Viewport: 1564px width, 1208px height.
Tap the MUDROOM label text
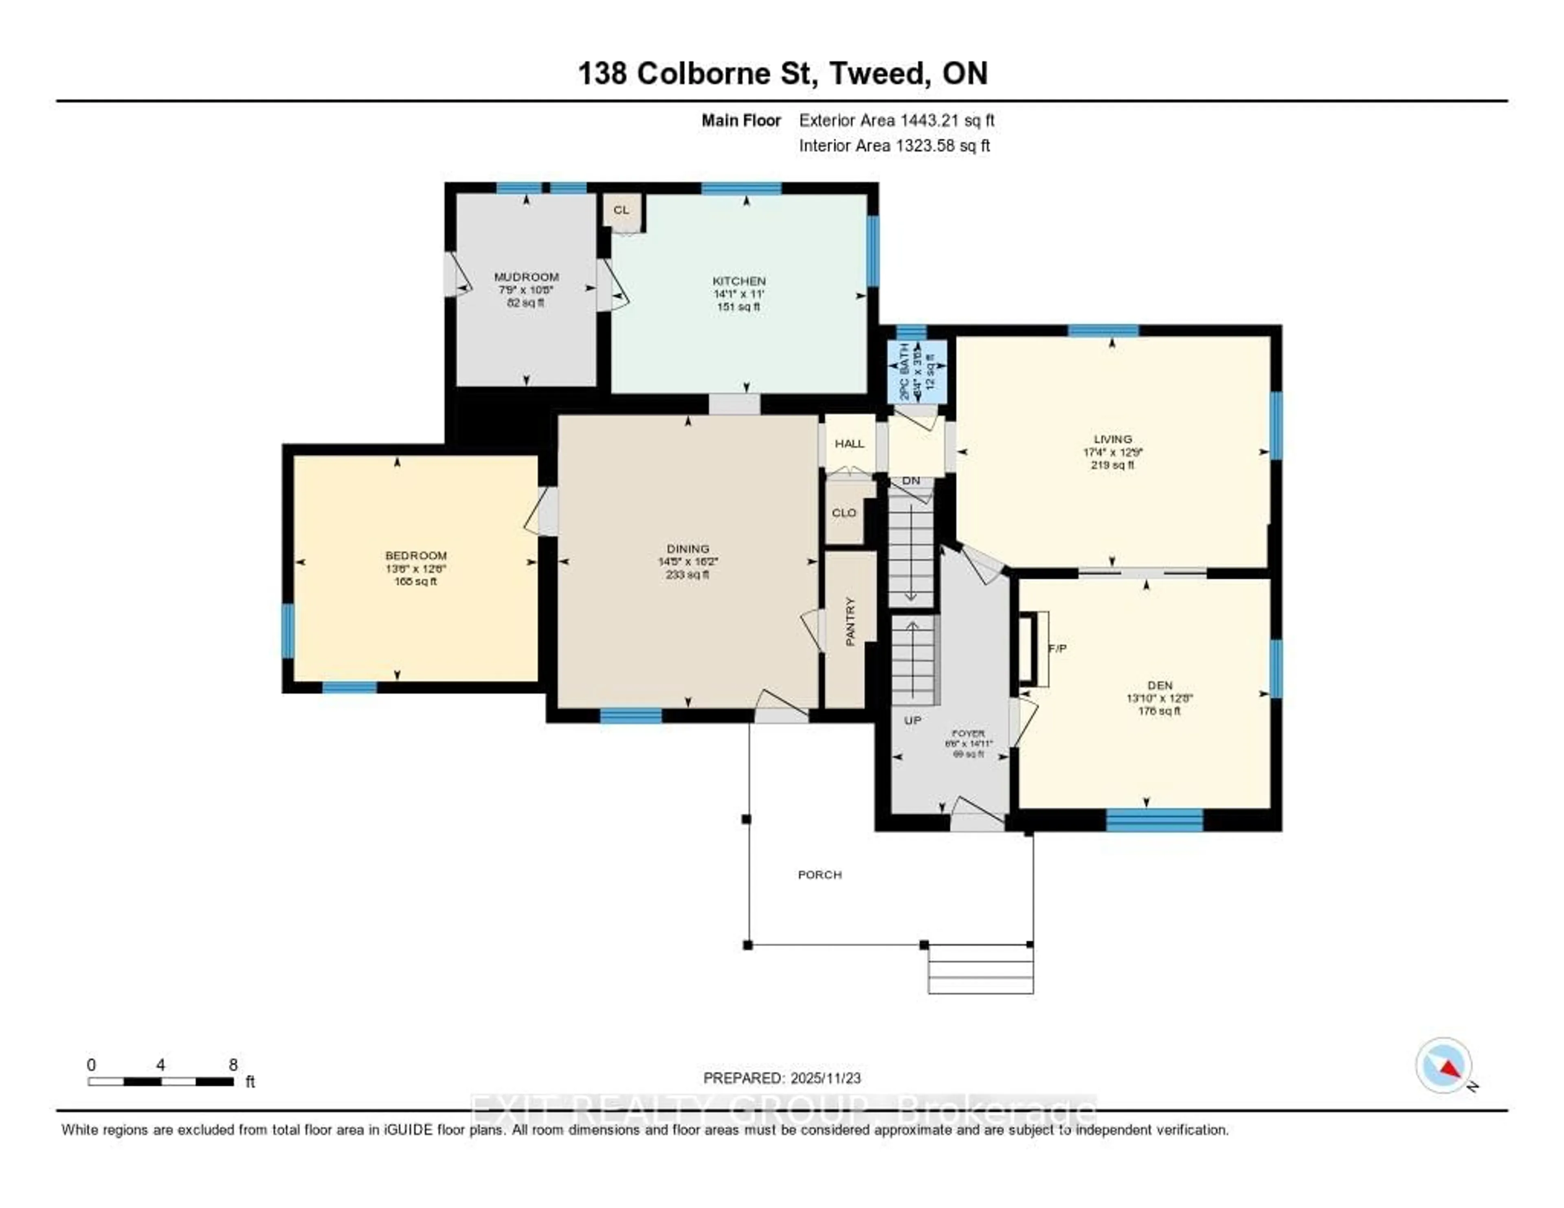pos(526,277)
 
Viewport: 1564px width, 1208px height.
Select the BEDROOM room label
pos(416,556)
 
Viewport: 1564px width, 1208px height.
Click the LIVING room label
pos(1113,439)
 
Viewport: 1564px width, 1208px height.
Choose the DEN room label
pos(1160,685)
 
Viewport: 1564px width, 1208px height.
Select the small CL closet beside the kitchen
pos(622,211)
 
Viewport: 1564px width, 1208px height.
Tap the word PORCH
pos(820,874)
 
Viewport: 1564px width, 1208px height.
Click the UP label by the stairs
pos(912,720)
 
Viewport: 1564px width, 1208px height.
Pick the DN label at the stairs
pos(911,481)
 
